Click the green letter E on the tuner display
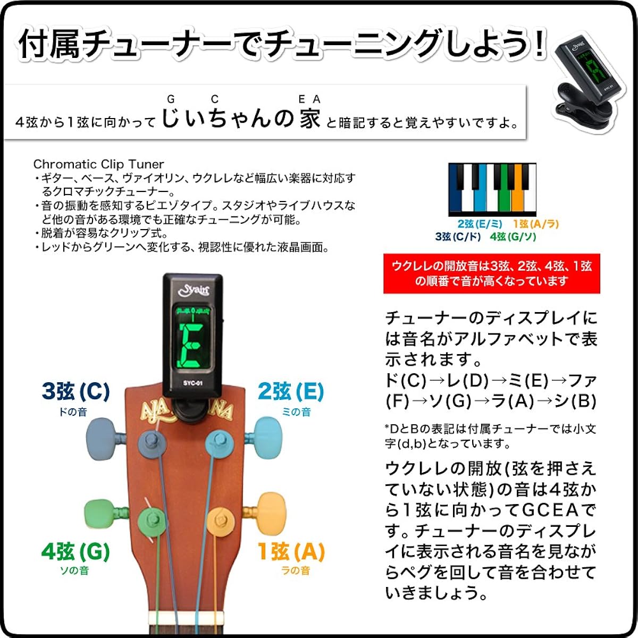pos(191,345)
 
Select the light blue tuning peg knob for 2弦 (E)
pos(267,438)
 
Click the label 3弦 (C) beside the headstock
pos(76,391)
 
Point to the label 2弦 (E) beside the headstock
pos(291,391)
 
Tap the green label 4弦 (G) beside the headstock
pos(75,551)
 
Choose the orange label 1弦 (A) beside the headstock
pos(291,551)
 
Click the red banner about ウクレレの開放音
pos(492,273)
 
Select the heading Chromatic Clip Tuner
pos(99,164)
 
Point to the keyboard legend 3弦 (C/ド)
pos(458,237)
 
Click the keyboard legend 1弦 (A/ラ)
pos(536,224)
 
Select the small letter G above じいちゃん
pos(171,99)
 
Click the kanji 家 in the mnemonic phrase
pos(310,118)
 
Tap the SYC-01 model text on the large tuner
pos(192,383)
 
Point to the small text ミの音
pos(296,412)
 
